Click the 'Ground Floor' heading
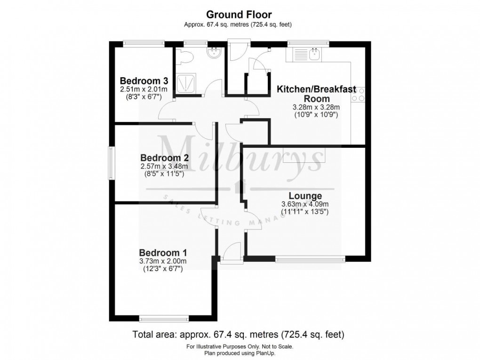(240, 16)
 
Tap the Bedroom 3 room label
(141, 80)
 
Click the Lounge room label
(305, 196)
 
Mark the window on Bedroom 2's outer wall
(111, 163)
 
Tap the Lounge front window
(310, 258)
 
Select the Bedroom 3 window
(144, 44)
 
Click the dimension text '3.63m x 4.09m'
(304, 204)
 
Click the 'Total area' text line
(239, 335)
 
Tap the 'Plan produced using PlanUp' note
(240, 352)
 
